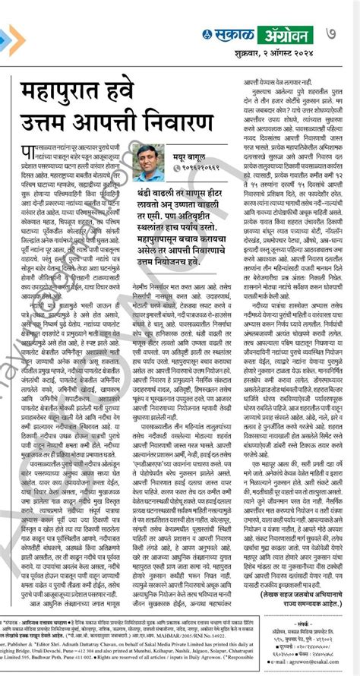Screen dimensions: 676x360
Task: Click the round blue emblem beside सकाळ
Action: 208,35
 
